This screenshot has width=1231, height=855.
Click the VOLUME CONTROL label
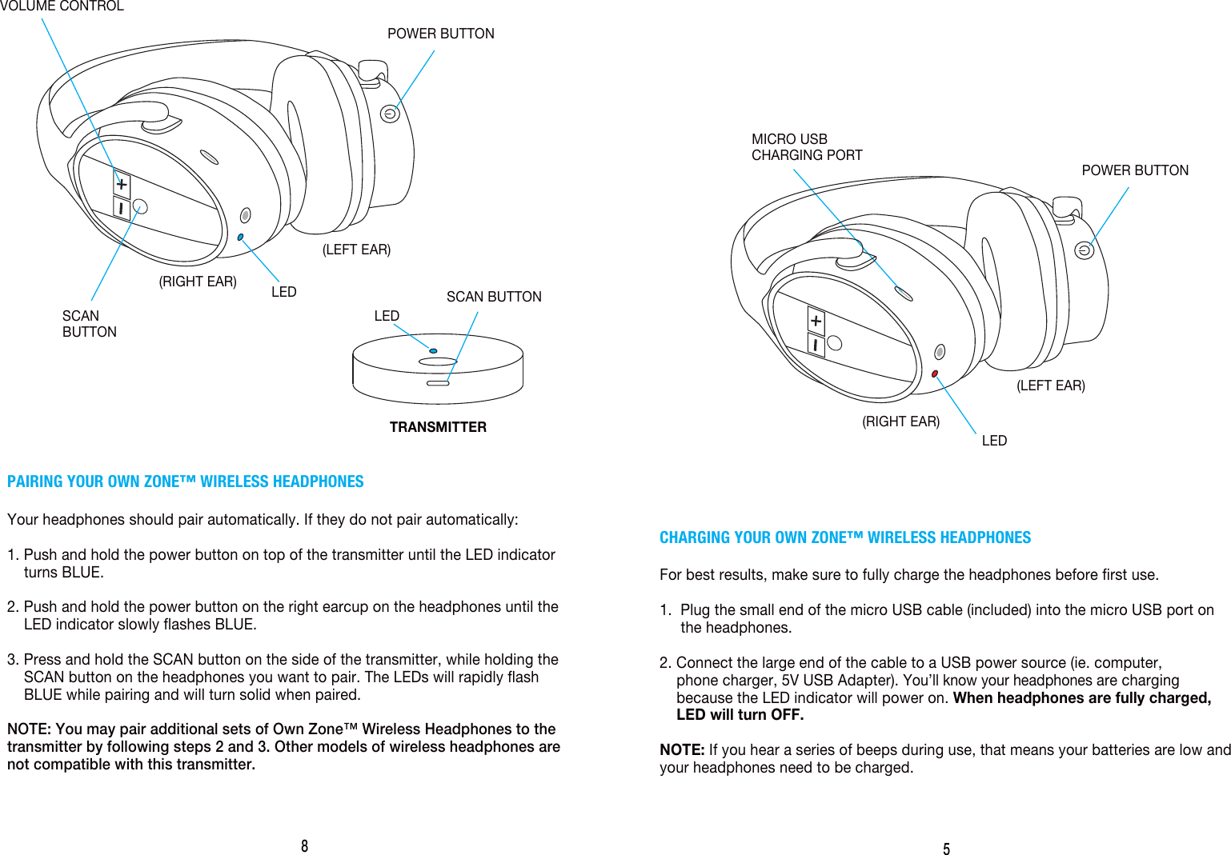(x=62, y=6)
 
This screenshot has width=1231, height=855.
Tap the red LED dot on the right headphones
(x=935, y=374)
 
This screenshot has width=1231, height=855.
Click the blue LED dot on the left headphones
(x=240, y=237)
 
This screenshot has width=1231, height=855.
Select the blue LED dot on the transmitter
(x=433, y=350)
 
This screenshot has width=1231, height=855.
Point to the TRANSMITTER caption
(x=438, y=427)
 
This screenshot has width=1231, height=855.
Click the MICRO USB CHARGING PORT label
(x=806, y=147)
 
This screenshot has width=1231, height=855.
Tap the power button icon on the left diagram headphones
(x=390, y=114)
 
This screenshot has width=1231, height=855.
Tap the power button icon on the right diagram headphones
(x=1084, y=250)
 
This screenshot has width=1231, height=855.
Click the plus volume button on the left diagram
(x=121, y=185)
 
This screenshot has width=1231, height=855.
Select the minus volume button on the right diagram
(x=816, y=345)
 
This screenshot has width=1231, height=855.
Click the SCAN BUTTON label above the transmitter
(x=493, y=297)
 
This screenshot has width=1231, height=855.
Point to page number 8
(x=304, y=846)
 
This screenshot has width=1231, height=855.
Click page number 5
(x=946, y=849)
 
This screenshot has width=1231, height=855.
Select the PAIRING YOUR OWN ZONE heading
(x=185, y=481)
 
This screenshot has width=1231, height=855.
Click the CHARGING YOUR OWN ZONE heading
(x=844, y=537)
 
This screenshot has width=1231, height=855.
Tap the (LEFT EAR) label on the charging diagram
(x=1050, y=386)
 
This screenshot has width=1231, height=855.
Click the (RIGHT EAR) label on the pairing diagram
(x=198, y=282)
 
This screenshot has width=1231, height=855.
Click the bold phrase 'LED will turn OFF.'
(x=740, y=715)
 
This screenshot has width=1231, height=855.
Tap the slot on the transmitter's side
(x=438, y=383)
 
